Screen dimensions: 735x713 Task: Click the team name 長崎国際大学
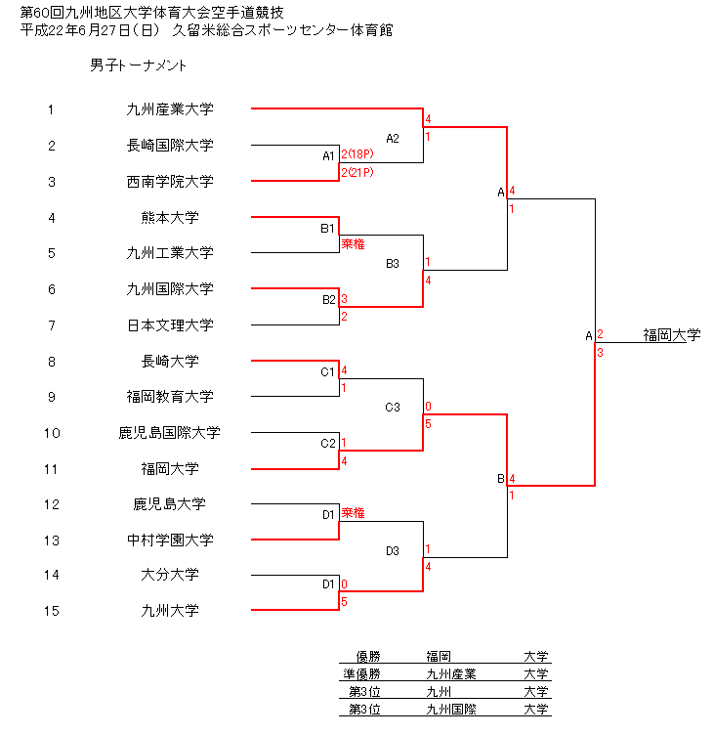pyautogui.click(x=170, y=146)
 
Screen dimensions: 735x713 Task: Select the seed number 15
pyautogui.click(x=52, y=611)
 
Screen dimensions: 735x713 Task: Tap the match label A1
pyautogui.click(x=328, y=155)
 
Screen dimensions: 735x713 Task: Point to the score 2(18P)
pyautogui.click(x=356, y=154)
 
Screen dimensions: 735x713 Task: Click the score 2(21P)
pyautogui.click(x=356, y=172)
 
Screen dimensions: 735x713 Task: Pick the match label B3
pyautogui.click(x=393, y=263)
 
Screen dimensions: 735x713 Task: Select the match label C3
pyautogui.click(x=393, y=407)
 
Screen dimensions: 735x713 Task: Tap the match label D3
pyautogui.click(x=393, y=550)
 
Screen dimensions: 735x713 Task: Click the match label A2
pyautogui.click(x=393, y=138)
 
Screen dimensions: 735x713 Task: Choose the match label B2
pyautogui.click(x=328, y=299)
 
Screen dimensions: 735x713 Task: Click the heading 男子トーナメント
pyautogui.click(x=138, y=66)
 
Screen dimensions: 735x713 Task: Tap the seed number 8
pyautogui.click(x=52, y=362)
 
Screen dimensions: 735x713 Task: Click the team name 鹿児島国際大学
pyautogui.click(x=170, y=432)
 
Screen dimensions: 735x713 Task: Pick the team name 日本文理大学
pyautogui.click(x=170, y=325)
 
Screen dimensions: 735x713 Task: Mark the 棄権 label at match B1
pyautogui.click(x=353, y=243)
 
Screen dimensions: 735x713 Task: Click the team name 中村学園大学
pyautogui.click(x=170, y=540)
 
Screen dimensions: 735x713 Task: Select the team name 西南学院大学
pyautogui.click(x=170, y=182)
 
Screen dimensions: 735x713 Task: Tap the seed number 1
pyautogui.click(x=52, y=109)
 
